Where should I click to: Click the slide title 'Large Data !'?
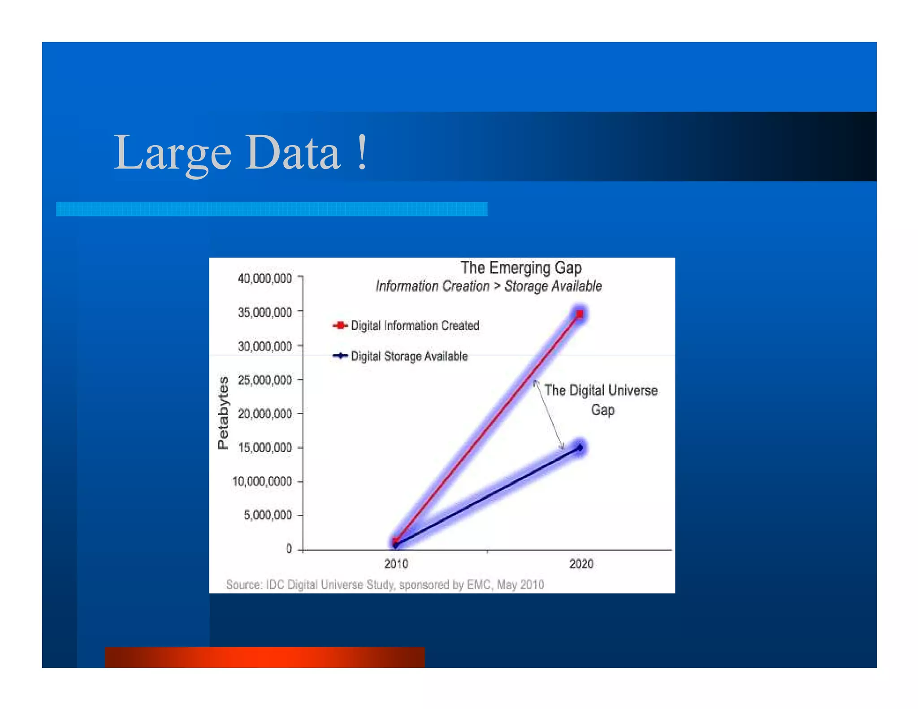(x=241, y=153)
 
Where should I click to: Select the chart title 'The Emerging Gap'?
(x=521, y=268)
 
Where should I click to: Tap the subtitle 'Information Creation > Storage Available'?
(x=489, y=286)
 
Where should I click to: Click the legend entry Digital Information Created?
(x=415, y=325)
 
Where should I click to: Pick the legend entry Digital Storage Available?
(x=409, y=356)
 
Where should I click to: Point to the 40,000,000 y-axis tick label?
(x=264, y=278)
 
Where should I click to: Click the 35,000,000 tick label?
(x=264, y=312)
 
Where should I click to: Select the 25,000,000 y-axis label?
(x=264, y=380)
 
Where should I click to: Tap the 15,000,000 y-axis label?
(x=264, y=448)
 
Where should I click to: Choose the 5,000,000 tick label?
(x=268, y=515)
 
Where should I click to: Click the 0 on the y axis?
(x=289, y=549)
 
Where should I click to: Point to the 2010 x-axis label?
(x=396, y=564)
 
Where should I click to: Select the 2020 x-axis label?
(x=581, y=564)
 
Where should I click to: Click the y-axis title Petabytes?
(x=223, y=413)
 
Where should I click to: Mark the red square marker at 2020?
(x=580, y=314)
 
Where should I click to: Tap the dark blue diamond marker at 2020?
(x=580, y=447)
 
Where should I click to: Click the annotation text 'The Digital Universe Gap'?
(x=601, y=400)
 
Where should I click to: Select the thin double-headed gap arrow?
(x=549, y=415)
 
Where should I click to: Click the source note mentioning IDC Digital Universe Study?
(x=385, y=584)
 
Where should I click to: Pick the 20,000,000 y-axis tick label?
(x=264, y=414)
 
